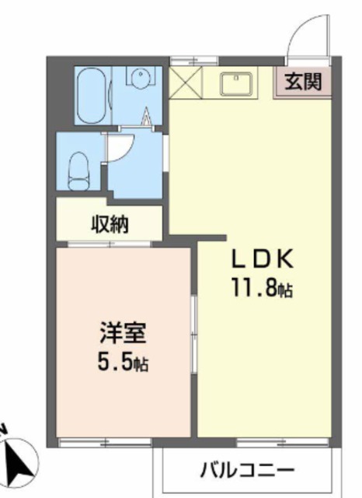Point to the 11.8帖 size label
click(x=260, y=289)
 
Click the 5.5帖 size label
click(x=123, y=362)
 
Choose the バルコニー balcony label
click(x=247, y=471)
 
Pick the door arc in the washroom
click(x=121, y=148)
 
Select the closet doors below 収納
click(x=109, y=244)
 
